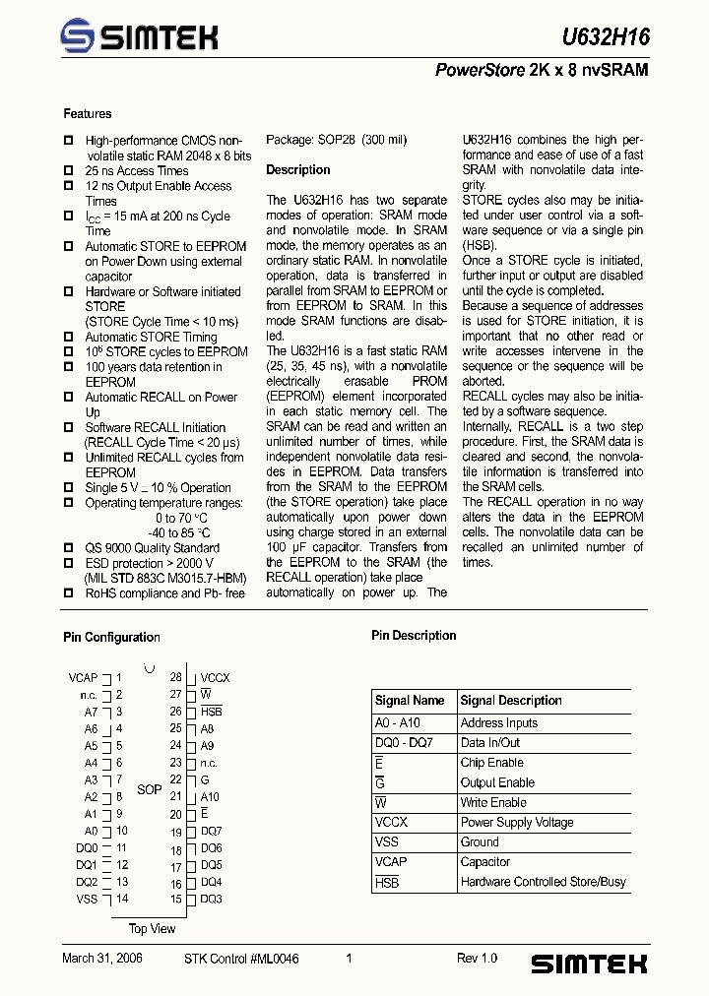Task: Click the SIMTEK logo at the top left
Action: [x=138, y=37]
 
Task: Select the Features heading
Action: [x=88, y=114]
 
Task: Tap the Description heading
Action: [x=298, y=170]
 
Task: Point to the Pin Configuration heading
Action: [x=111, y=637]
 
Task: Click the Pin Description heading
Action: [x=414, y=636]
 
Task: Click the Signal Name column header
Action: [x=410, y=701]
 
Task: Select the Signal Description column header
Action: [x=511, y=701]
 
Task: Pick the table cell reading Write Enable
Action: [x=493, y=802]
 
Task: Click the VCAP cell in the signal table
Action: [x=391, y=861]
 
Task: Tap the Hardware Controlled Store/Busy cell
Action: [x=543, y=882]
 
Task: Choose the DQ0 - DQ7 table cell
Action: [x=404, y=742]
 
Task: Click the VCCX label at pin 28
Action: [x=215, y=678]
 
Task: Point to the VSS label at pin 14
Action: [x=87, y=899]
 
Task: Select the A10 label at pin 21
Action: [x=210, y=797]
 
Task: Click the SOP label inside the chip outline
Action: [x=149, y=789]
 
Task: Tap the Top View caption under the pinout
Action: [x=152, y=928]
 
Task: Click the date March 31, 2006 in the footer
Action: [x=102, y=959]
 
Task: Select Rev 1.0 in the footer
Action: [x=477, y=959]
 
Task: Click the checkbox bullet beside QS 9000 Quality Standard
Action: [x=69, y=548]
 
